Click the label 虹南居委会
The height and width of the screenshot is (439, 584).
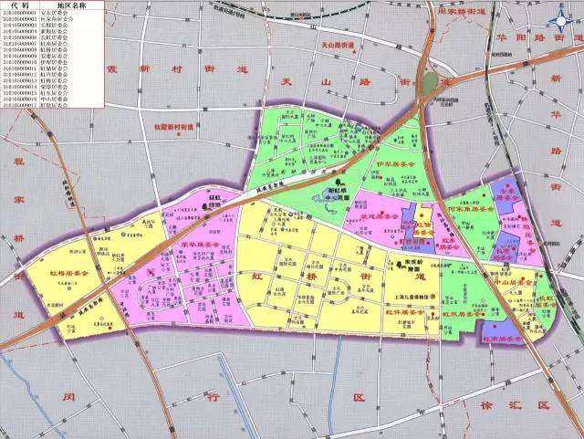(500, 338)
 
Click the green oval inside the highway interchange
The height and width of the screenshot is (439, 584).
(428, 82)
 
